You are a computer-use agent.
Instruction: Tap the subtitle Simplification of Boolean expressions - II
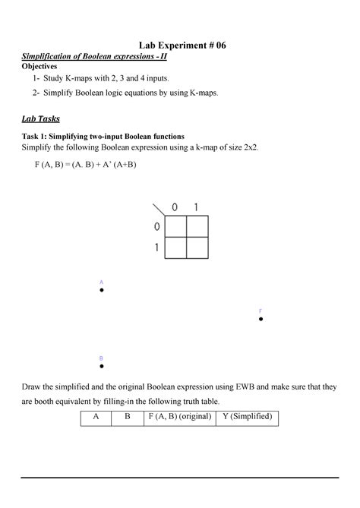95,57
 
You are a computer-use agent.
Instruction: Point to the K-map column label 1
196,207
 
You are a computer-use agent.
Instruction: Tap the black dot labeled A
101,290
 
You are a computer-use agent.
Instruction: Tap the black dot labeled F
261,320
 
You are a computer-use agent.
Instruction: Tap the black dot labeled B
101,365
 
